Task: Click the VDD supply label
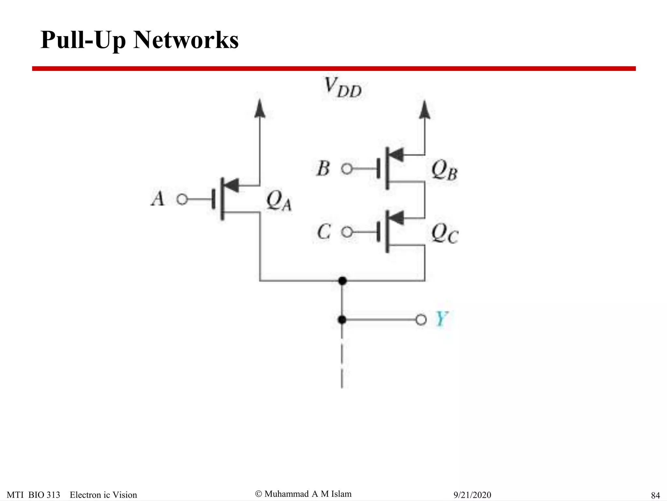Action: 343,87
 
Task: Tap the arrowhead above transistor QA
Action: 260,109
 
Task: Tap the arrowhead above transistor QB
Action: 424,110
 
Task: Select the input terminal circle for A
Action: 182,199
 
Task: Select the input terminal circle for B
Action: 347,169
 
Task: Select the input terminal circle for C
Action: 347,232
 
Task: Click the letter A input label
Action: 158,198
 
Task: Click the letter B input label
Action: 323,168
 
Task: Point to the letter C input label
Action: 324,232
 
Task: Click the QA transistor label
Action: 279,201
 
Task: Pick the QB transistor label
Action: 444,170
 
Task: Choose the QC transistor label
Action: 445,234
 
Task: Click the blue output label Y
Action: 442,319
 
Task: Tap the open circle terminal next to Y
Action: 421,320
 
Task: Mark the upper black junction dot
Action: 342,281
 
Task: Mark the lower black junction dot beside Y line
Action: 342,320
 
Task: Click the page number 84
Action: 655,495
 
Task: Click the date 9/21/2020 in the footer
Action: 472,495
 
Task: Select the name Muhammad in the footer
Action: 287,494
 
